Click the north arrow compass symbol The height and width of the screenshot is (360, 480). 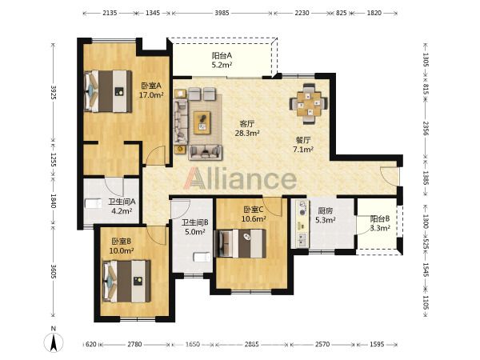click(x=54, y=342)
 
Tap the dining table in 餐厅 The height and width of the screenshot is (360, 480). click(x=309, y=103)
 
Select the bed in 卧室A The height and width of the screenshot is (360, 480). click(x=108, y=91)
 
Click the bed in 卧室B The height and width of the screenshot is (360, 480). click(x=126, y=282)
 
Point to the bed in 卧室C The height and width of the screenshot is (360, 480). click(x=241, y=243)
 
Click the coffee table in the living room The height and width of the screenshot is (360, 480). click(x=202, y=122)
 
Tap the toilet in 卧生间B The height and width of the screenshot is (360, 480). click(x=202, y=257)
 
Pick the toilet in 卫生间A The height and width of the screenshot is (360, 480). click(x=93, y=203)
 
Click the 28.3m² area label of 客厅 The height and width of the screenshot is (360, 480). click(x=247, y=133)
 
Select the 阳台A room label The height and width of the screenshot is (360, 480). click(x=222, y=56)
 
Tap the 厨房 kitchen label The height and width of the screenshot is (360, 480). click(x=325, y=210)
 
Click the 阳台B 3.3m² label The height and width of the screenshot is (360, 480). click(x=380, y=223)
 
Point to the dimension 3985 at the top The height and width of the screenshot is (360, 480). click(x=222, y=13)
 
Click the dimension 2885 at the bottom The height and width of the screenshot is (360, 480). click(x=252, y=344)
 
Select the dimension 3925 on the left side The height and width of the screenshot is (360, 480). click(x=54, y=92)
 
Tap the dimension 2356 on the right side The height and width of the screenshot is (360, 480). click(x=426, y=129)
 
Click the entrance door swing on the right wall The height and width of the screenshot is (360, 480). click(x=389, y=176)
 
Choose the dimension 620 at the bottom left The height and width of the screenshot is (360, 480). click(x=91, y=344)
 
